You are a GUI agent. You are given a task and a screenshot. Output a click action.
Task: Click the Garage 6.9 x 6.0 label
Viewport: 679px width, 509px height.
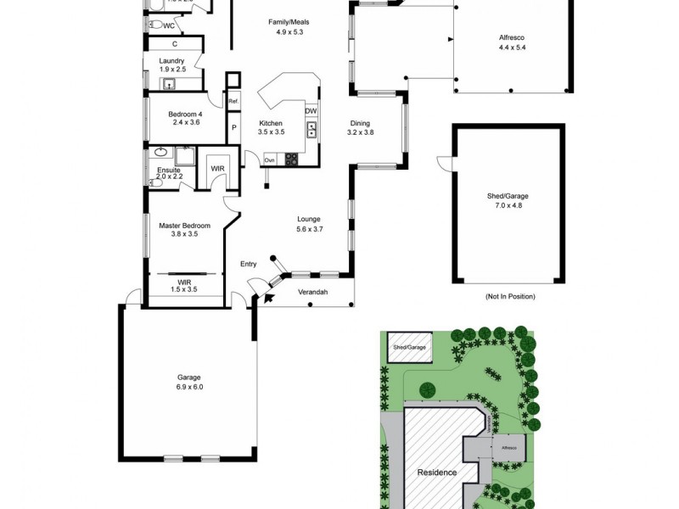[x=190, y=382]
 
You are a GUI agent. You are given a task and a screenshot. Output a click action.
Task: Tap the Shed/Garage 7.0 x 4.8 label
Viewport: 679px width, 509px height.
[x=508, y=200]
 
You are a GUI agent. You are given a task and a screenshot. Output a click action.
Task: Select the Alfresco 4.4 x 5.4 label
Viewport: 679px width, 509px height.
[x=513, y=42]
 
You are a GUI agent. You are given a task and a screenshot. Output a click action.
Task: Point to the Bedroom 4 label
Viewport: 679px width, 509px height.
[x=184, y=118]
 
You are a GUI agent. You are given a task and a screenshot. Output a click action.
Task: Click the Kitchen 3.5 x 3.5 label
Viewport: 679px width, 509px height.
[x=271, y=127]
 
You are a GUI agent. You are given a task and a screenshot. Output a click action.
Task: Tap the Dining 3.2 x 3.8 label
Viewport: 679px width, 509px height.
[x=360, y=127]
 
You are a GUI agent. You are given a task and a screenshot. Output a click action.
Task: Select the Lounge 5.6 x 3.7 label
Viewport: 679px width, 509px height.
[x=309, y=224]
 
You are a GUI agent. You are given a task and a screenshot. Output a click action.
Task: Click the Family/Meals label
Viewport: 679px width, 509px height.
[x=289, y=26]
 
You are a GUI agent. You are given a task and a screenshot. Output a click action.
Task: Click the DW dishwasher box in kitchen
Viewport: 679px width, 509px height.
[x=311, y=111]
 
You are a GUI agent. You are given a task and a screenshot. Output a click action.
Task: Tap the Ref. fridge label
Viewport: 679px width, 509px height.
[x=233, y=102]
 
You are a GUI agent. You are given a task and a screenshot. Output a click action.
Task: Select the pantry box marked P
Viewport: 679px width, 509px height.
[x=233, y=128]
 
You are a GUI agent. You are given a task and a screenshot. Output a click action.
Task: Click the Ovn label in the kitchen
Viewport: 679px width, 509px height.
[x=269, y=159]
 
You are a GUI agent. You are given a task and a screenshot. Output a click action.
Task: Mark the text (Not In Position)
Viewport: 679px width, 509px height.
[x=509, y=297]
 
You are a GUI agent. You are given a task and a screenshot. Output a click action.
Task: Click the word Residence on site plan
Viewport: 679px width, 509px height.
[x=436, y=473]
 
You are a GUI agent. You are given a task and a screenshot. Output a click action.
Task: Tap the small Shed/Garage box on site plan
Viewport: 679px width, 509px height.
[x=409, y=347]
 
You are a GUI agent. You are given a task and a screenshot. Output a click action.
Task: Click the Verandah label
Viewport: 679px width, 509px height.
[x=312, y=293]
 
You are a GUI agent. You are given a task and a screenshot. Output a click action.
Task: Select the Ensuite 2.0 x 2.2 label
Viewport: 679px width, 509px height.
[x=168, y=174]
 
